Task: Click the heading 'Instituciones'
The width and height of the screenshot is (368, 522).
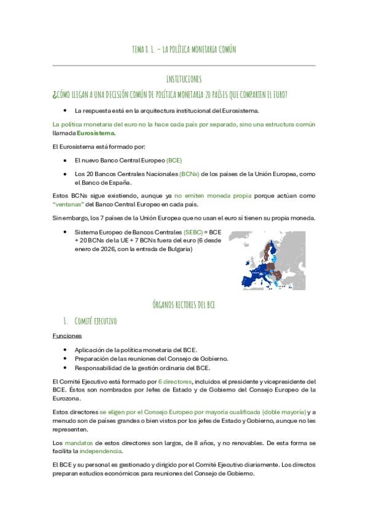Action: [184, 80]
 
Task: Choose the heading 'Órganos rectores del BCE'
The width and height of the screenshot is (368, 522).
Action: [184, 305]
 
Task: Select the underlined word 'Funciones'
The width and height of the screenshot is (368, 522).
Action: [67, 336]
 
